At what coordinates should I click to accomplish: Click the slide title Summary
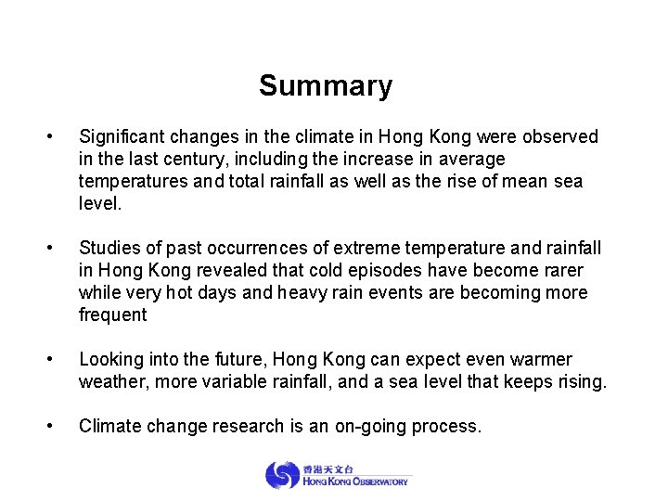[326, 86]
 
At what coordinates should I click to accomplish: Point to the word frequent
[113, 315]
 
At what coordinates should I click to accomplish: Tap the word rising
[580, 382]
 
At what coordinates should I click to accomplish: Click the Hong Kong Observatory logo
[336, 475]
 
